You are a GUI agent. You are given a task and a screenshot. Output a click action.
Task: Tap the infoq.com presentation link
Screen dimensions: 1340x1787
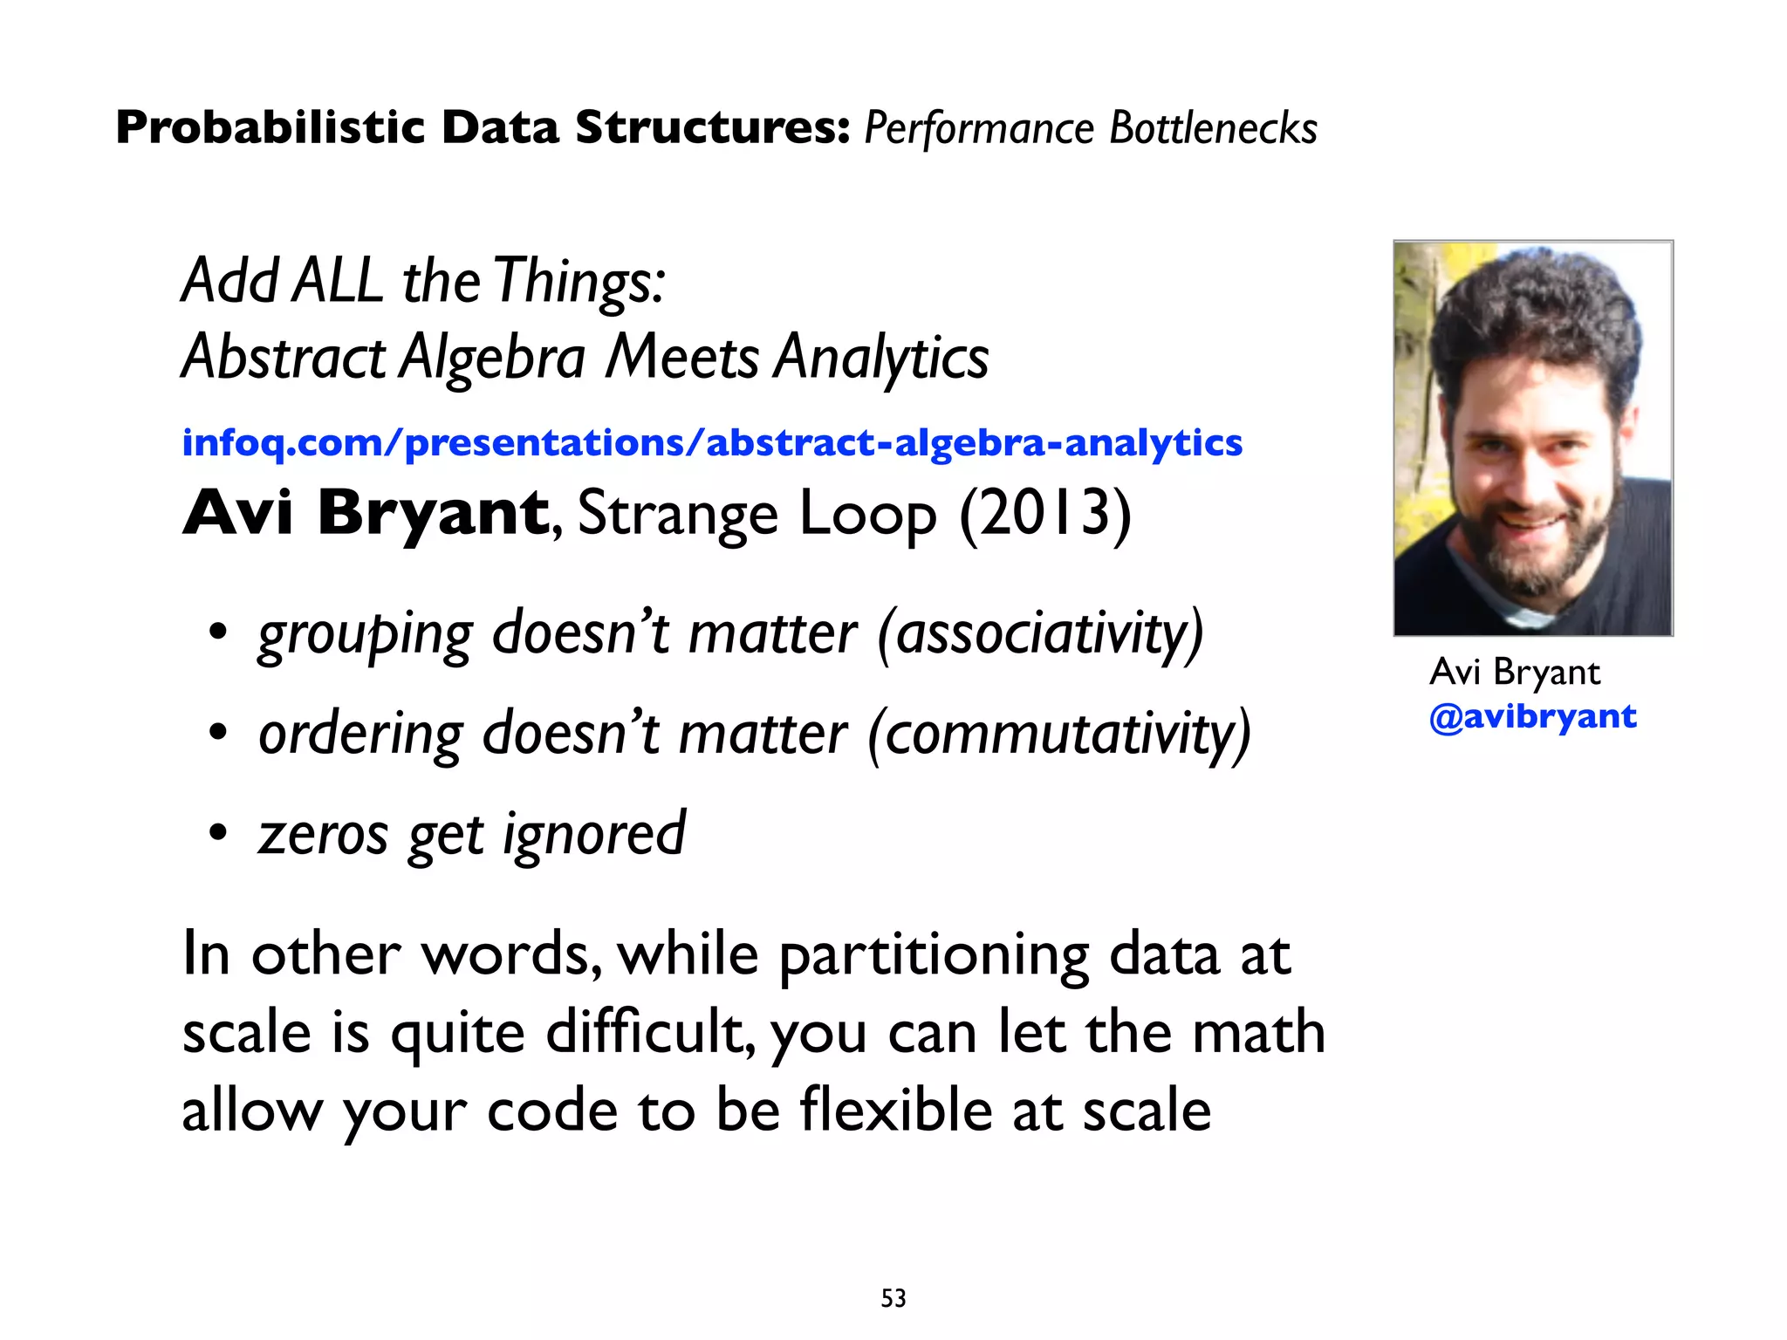[x=711, y=442]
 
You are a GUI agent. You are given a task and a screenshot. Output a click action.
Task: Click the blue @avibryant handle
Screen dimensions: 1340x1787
[x=1532, y=716]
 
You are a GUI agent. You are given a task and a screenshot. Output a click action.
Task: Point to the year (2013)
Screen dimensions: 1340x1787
[x=1044, y=513]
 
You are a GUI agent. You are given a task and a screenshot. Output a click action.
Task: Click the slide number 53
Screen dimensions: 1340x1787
[x=893, y=1298]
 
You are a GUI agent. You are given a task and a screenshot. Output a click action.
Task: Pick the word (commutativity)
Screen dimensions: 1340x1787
[x=1058, y=733]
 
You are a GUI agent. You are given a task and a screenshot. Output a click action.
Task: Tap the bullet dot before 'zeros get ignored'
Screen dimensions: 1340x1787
[x=217, y=833]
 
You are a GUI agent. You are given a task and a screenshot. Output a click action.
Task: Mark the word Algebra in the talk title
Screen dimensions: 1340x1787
[x=492, y=358]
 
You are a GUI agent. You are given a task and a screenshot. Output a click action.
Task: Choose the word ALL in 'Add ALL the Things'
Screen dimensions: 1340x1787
[x=338, y=281]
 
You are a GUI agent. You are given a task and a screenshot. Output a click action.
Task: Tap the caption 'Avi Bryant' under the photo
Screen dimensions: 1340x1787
[x=1515, y=672]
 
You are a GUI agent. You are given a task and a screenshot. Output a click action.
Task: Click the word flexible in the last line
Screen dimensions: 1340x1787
[x=896, y=1110]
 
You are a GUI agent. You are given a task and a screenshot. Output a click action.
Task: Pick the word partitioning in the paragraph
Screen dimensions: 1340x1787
[x=934, y=955]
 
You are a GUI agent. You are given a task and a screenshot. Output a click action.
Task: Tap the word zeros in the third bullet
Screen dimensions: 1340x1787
[x=323, y=834]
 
